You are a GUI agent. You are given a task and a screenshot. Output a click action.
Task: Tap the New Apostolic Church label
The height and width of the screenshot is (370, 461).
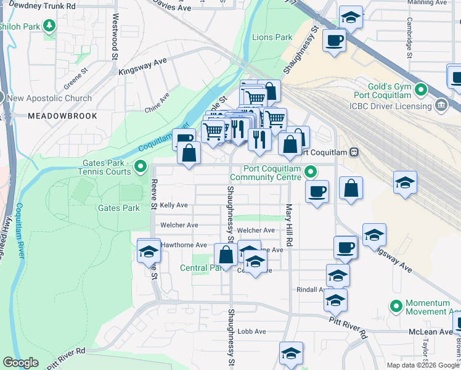coord(49,98)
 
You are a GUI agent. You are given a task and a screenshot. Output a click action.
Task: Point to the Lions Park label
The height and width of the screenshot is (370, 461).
coord(272,38)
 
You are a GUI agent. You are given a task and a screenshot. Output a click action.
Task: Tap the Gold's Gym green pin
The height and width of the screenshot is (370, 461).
coord(421,90)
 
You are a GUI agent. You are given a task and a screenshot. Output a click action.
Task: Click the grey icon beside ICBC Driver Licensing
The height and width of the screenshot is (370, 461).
coord(441,105)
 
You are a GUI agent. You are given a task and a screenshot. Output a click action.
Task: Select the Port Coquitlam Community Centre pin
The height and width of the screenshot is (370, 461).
coord(311,172)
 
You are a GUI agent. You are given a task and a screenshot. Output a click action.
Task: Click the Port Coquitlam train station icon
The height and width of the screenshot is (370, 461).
coord(354,152)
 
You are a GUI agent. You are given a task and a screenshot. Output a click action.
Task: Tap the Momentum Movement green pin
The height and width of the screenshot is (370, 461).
coord(395,305)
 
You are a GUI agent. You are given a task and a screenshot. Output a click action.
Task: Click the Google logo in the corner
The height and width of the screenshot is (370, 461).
coord(21,362)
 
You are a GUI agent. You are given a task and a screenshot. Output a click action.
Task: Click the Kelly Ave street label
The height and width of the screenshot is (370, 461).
coord(174,205)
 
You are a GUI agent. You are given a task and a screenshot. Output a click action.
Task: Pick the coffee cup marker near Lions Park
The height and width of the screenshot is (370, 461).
coord(334,41)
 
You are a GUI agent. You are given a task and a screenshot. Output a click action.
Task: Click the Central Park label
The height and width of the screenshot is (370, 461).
coord(197,268)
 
